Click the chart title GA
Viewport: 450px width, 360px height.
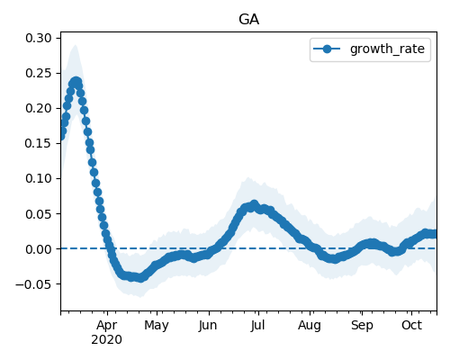[248, 20]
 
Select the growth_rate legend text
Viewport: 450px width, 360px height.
[387, 49]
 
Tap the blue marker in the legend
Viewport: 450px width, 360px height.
[327, 49]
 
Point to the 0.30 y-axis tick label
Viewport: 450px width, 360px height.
[39, 39]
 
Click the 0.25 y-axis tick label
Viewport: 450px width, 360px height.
[39, 73]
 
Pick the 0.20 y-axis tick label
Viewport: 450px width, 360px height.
[39, 108]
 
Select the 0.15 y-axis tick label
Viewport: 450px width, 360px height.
[39, 143]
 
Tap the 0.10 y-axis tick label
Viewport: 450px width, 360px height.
[39, 178]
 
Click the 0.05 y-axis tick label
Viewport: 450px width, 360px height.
[39, 214]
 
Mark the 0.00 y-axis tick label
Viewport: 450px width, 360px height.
[39, 249]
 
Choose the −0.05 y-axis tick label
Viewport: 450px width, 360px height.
[33, 284]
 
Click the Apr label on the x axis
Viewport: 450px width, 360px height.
[107, 326]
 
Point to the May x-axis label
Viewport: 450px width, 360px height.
[157, 326]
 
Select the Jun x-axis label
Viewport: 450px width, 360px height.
[208, 326]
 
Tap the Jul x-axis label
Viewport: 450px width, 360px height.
[257, 326]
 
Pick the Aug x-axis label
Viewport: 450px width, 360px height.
[310, 326]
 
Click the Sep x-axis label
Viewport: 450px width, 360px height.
[362, 326]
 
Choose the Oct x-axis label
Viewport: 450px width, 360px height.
[412, 326]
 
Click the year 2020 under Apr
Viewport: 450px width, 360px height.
[107, 340]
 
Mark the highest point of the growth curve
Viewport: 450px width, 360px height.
[76, 81]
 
